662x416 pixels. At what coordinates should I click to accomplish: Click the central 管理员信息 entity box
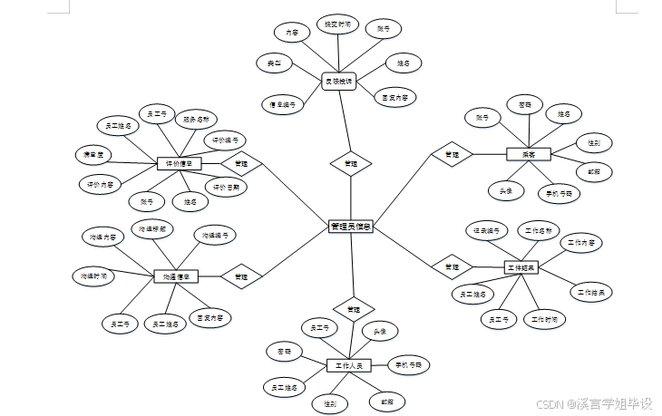coord(351,226)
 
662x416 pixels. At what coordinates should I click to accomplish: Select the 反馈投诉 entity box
coord(340,82)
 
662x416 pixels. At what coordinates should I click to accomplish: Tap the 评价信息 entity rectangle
coord(179,164)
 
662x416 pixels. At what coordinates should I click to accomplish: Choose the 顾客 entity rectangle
coord(529,155)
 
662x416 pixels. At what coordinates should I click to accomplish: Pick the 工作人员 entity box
coord(348,365)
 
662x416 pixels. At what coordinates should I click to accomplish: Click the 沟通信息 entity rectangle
coord(176,276)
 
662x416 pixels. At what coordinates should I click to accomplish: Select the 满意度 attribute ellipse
coord(93,155)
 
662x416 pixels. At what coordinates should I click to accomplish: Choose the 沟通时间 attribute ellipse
coord(94,275)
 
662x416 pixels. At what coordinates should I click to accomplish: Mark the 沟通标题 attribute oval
coord(152,228)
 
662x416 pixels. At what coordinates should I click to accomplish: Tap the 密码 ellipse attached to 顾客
coord(524,104)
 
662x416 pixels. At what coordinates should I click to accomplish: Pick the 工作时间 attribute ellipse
coord(546,319)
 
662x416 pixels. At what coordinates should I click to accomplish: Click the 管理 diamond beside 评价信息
coord(241,164)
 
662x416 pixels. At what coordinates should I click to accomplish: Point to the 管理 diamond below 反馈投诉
coord(351,165)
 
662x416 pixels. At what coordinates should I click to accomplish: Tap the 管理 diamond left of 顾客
coord(451,155)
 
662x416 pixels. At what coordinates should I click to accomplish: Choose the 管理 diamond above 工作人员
coord(352,309)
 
